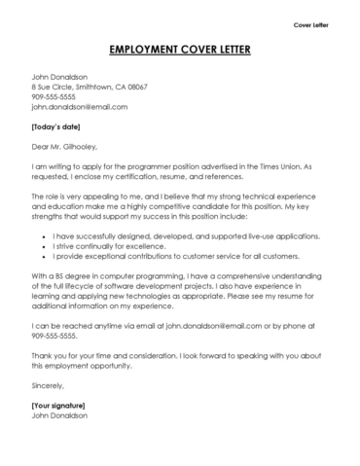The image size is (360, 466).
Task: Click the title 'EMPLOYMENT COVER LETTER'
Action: [x=179, y=50]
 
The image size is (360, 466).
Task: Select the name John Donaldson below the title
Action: [x=61, y=77]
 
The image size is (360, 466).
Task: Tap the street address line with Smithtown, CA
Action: [x=90, y=88]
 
